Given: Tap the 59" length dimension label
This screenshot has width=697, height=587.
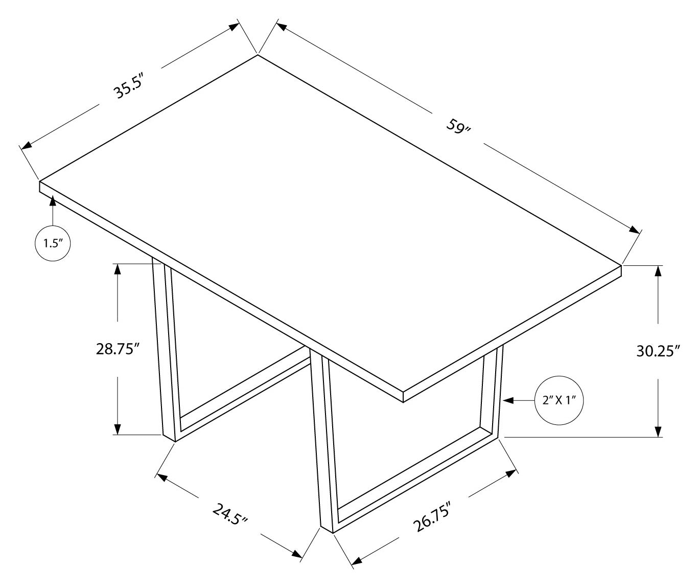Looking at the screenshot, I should click(458, 126).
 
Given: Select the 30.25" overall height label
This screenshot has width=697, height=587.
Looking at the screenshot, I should click(659, 351).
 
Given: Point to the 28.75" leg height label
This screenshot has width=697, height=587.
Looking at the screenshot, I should click(118, 349).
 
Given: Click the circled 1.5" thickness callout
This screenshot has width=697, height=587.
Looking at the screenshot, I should click(52, 243).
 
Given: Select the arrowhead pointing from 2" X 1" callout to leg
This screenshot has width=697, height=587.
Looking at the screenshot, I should click(508, 401).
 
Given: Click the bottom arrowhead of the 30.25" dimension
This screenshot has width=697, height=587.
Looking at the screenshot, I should click(659, 432).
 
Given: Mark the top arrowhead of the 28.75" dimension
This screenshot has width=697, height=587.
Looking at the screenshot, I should click(118, 269).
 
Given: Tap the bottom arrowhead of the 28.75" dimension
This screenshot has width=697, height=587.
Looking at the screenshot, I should click(118, 430).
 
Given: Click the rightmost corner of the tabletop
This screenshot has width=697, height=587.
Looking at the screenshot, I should click(621, 265).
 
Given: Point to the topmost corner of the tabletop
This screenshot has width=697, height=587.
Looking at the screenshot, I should click(258, 54).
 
